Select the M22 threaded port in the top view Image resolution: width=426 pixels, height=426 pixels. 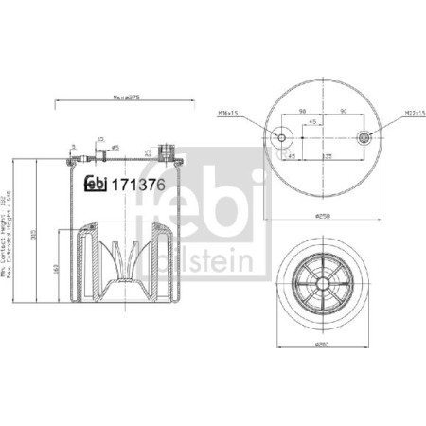point(365,138)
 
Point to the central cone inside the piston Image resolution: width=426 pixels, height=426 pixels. point(122,259)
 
